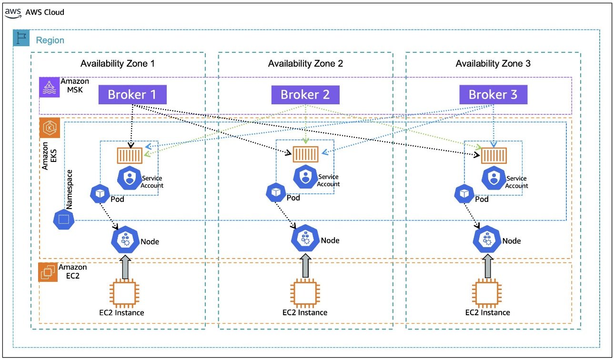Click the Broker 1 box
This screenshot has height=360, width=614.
pos(132,94)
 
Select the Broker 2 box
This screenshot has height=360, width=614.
pos(305,95)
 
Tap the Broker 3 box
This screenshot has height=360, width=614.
pos(493,94)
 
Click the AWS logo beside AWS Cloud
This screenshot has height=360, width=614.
pos(13,12)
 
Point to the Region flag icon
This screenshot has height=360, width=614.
pos(21,38)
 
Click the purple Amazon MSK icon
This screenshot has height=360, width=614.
pos(50,88)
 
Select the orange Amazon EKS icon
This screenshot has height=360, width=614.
pos(50,128)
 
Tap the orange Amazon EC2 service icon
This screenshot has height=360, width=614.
pos(48,272)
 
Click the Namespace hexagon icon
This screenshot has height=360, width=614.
pos(64,219)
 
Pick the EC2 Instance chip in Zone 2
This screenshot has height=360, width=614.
pos(305,293)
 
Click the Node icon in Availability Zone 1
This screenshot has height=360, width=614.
pos(125,240)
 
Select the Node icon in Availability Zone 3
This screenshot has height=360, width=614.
pos(487,239)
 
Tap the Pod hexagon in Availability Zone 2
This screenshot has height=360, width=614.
pos(276,192)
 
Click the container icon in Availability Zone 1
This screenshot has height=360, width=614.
pos(130,155)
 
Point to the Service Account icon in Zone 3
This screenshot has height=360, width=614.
pos(493,178)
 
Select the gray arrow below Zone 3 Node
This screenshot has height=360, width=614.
pos(488,266)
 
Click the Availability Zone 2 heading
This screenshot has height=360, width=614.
pos(305,63)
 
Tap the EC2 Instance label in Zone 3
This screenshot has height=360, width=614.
pos(487,312)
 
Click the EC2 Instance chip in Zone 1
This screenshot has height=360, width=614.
pos(124,293)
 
